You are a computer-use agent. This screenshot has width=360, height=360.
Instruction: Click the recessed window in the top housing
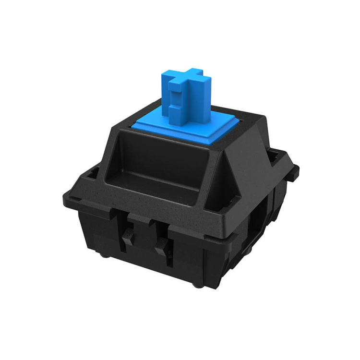tap(158, 163)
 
